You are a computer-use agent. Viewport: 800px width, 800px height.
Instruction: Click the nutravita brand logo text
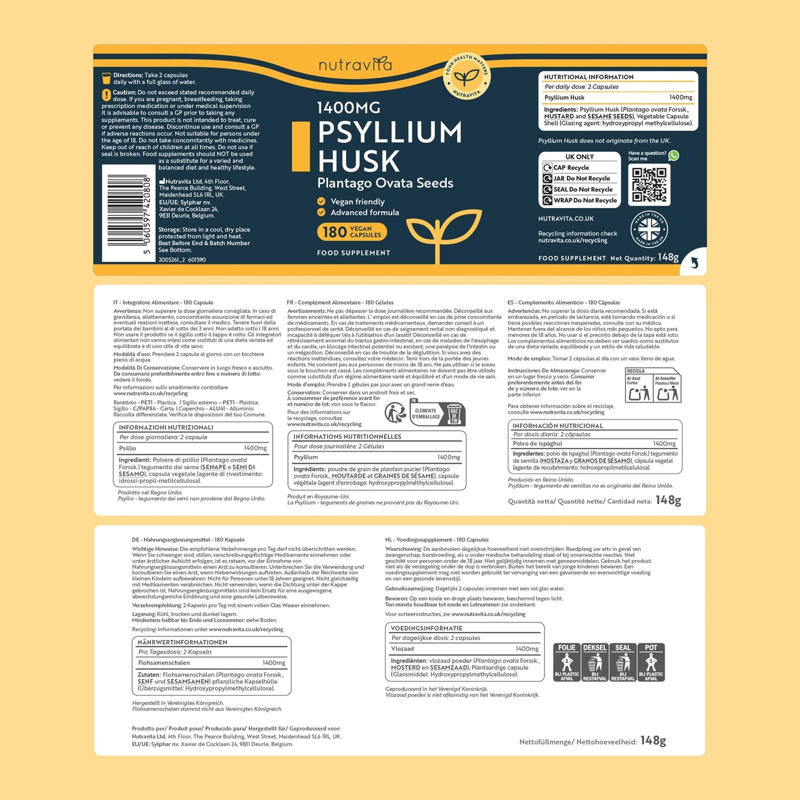point(355,65)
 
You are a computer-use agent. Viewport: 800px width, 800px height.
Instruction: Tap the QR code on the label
point(649,185)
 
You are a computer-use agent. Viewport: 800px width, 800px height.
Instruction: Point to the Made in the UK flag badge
point(649,230)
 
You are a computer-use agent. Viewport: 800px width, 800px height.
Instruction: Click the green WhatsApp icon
point(674,155)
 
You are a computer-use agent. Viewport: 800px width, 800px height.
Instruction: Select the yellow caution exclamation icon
point(106,95)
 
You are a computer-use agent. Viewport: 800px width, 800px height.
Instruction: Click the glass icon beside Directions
point(106,78)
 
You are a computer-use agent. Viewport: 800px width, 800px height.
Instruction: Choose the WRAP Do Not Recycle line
point(579,201)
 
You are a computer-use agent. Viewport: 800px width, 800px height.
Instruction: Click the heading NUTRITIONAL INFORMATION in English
point(589,77)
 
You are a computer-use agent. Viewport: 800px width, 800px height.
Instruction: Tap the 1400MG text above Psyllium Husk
point(349,108)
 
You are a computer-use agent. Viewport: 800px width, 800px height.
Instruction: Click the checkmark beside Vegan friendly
point(321,201)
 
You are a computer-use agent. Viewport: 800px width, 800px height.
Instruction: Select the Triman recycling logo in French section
point(395,413)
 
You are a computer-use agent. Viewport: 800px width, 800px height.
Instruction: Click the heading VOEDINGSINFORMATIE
point(426,628)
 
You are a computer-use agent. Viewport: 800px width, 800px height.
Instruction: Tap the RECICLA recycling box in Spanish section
point(653,385)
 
